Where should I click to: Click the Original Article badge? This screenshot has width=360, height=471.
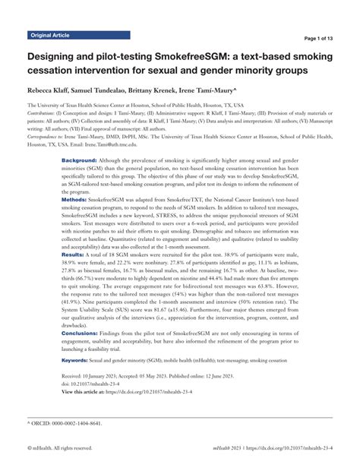[x=49, y=36]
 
